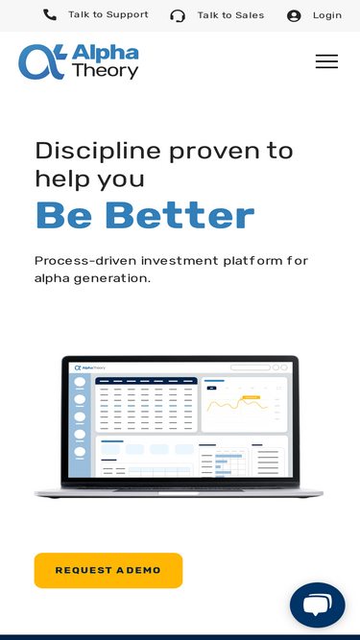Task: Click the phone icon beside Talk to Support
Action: (x=50, y=15)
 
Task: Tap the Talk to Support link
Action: (x=108, y=14)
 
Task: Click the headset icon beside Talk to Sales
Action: (x=178, y=16)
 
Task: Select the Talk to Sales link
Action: (x=230, y=15)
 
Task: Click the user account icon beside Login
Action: (x=294, y=16)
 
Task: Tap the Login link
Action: (x=327, y=15)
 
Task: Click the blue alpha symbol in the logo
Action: (x=42, y=61)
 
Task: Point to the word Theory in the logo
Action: (x=106, y=71)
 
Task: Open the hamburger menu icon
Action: (x=326, y=61)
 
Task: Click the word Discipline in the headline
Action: (x=98, y=152)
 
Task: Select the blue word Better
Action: (x=180, y=215)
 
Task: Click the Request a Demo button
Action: (x=108, y=570)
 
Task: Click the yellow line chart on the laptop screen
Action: (x=237, y=405)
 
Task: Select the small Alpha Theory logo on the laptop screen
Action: (x=90, y=367)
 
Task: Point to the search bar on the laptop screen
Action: (x=251, y=367)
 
